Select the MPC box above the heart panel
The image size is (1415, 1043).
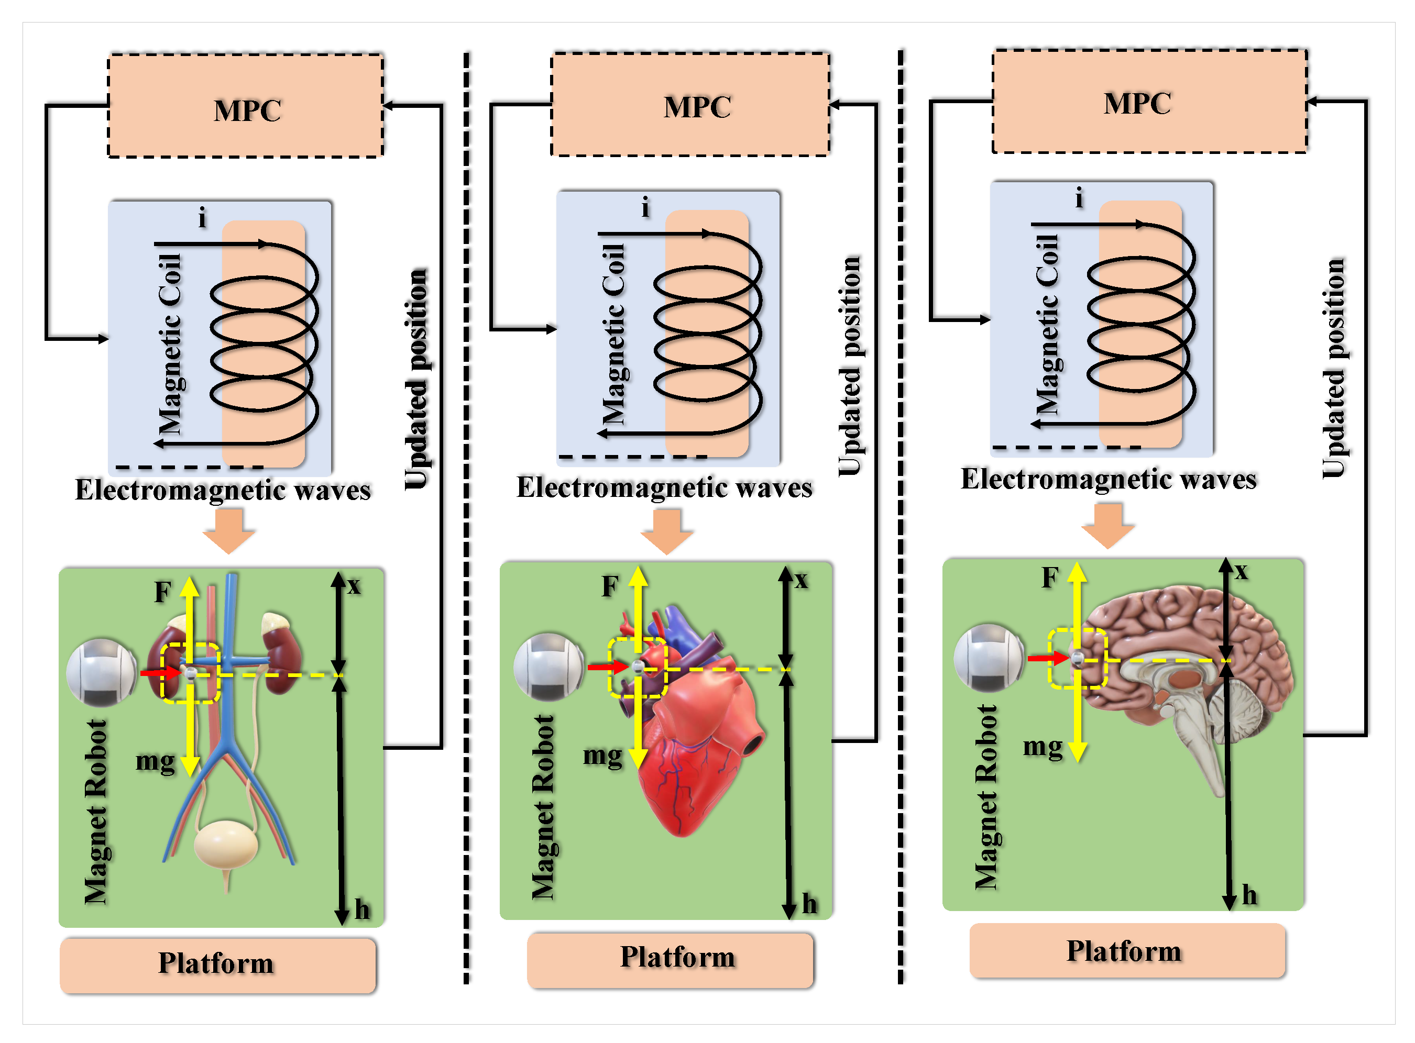pos(690,104)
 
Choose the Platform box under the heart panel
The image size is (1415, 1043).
pos(670,960)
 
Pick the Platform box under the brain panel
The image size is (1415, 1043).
pos(1127,951)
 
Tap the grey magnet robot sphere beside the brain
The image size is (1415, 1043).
pos(989,658)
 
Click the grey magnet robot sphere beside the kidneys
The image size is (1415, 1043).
pos(101,672)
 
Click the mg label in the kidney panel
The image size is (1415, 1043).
pos(155,763)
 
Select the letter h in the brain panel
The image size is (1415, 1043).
pos(1249,895)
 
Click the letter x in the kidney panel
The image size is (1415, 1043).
pos(354,586)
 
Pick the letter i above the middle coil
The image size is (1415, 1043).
pos(645,206)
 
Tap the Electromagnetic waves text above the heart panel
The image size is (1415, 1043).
pos(665,488)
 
